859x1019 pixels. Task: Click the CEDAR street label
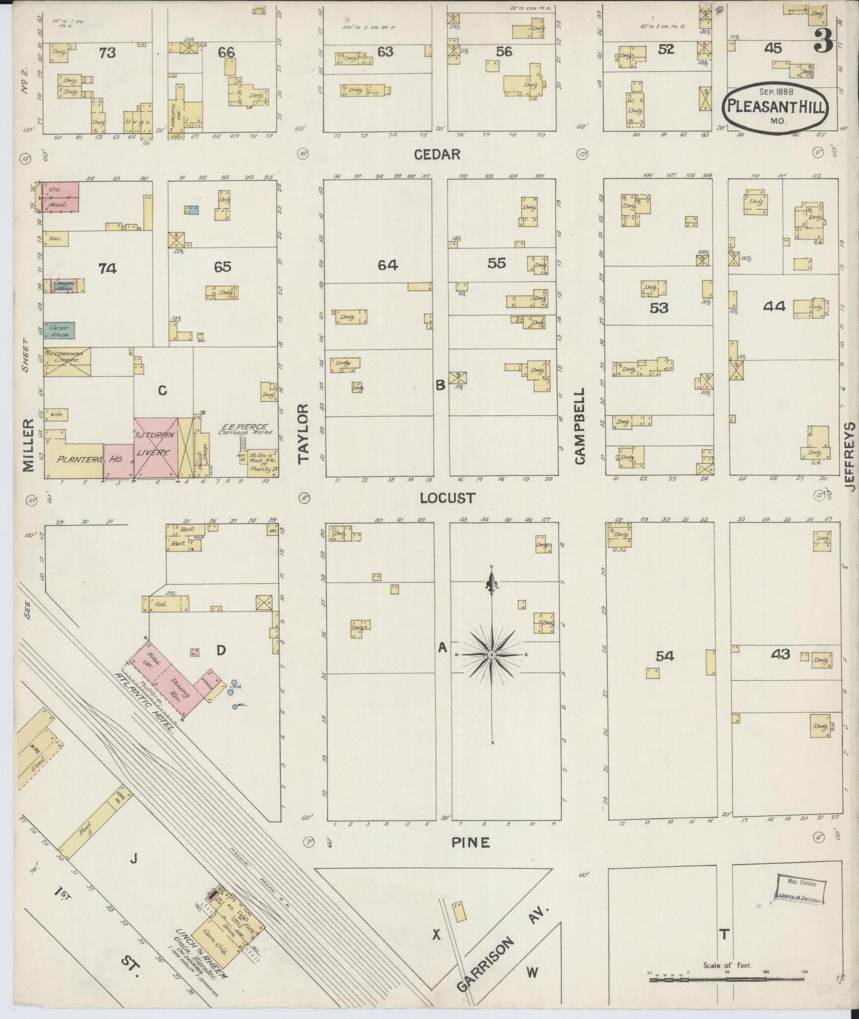tap(437, 155)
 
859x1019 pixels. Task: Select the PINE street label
tap(470, 842)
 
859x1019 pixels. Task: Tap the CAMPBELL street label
tap(580, 426)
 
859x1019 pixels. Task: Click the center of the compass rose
tap(492, 655)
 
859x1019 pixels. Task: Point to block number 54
tap(665, 656)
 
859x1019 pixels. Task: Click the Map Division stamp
tap(800, 890)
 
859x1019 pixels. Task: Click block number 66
tap(226, 52)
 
